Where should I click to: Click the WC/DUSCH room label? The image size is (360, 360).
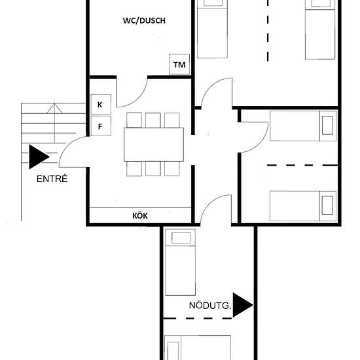[x=144, y=21]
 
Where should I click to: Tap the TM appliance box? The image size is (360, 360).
[x=179, y=64]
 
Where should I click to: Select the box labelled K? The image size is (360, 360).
[x=101, y=105]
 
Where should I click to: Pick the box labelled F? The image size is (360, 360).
[x=101, y=126]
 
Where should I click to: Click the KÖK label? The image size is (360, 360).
[x=140, y=215]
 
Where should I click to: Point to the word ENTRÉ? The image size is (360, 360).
[x=52, y=179]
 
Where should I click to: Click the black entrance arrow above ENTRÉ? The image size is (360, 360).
[x=39, y=157]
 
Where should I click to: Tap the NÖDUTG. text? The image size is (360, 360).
[x=210, y=306]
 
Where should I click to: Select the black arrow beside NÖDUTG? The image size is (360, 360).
[x=243, y=305]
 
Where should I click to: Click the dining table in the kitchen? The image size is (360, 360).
[x=154, y=145]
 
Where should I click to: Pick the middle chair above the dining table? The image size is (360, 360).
[x=153, y=120]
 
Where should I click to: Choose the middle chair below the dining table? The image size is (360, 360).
[x=153, y=168]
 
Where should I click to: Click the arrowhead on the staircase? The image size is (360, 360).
[x=54, y=109]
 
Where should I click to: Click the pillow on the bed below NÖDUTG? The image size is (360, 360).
[x=173, y=351]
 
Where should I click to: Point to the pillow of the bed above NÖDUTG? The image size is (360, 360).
[x=181, y=238]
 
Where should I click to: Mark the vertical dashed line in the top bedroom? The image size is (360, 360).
[x=268, y=31]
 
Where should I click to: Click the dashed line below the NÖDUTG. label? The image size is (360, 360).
[x=198, y=318]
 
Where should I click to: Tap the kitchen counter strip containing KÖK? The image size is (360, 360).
[x=140, y=215]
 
